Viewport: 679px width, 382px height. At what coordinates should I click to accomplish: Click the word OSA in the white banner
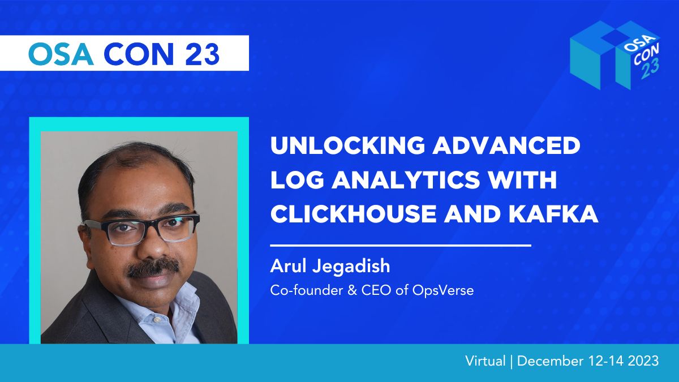tap(61, 54)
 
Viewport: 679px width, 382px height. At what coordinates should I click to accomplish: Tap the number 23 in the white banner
tap(202, 54)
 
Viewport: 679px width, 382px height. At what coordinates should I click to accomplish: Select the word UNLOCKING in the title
tap(348, 145)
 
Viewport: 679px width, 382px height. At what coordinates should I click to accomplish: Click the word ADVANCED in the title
tap(506, 145)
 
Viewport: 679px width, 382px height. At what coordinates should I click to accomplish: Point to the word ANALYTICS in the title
tap(406, 180)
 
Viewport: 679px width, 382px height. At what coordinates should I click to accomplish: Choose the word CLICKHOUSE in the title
tap(354, 214)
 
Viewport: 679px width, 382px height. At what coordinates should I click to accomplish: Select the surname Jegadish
tap(351, 267)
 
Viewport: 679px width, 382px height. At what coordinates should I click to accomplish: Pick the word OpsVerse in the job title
tap(443, 290)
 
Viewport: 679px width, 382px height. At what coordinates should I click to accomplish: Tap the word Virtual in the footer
tap(485, 361)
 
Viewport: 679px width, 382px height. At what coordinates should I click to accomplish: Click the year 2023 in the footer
tap(643, 361)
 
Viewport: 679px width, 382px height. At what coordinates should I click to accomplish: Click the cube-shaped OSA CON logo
tap(616, 55)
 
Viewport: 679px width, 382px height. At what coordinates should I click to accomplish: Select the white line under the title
tap(401, 245)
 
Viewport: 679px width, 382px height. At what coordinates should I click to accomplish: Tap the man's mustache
tap(153, 268)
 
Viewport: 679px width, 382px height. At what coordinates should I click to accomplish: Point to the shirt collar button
tap(157, 320)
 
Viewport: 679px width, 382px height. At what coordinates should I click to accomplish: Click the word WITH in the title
tap(522, 180)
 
